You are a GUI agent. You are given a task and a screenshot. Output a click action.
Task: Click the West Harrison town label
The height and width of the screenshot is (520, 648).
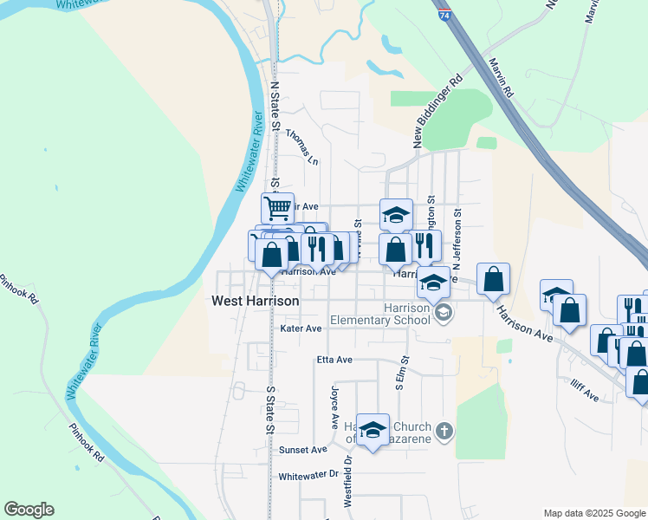click(256, 301)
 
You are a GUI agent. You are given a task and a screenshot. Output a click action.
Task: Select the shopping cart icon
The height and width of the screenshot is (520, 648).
click(278, 208)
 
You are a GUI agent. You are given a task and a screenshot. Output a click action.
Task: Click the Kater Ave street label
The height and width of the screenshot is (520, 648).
click(301, 329)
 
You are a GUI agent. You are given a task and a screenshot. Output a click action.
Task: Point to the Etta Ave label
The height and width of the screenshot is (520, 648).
click(334, 359)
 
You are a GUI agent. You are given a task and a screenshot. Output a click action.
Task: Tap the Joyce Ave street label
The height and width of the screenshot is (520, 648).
click(334, 406)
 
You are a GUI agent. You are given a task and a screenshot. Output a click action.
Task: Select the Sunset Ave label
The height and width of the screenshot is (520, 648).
click(302, 450)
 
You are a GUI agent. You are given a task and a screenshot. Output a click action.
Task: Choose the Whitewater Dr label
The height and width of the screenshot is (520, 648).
click(308, 476)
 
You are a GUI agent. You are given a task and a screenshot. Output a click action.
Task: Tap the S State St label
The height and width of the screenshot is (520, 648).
click(270, 410)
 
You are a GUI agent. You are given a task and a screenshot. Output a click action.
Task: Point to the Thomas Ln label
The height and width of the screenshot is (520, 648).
click(301, 148)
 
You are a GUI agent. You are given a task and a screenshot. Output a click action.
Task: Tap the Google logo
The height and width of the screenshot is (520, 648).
click(29, 510)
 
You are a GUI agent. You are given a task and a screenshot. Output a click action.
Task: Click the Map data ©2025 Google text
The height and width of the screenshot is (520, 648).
click(593, 513)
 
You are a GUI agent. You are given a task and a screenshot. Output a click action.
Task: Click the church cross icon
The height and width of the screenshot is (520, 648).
click(444, 432)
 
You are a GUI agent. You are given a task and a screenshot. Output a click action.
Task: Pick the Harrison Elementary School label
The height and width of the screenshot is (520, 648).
click(407, 314)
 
